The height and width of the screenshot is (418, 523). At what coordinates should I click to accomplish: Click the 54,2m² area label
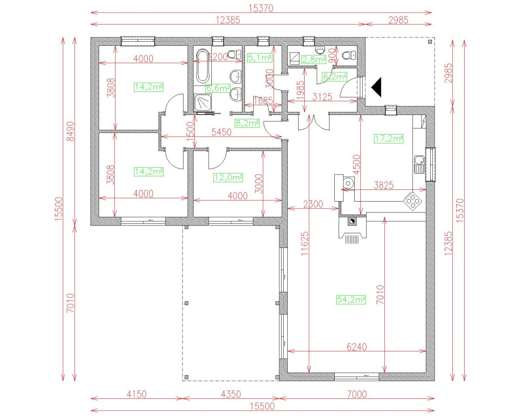(x=350, y=300)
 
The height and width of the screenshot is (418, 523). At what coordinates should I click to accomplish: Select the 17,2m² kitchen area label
(x=388, y=139)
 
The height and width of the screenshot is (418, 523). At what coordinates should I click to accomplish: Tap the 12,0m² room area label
(x=228, y=177)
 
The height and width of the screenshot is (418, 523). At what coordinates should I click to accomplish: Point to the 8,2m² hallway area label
(x=247, y=123)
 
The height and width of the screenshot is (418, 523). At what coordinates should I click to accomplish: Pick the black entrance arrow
(x=377, y=87)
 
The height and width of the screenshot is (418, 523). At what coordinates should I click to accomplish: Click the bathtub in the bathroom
(x=203, y=66)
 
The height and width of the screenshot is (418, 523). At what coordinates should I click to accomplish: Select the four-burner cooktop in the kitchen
(x=413, y=201)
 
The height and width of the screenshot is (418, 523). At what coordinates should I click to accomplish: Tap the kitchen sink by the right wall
(x=419, y=164)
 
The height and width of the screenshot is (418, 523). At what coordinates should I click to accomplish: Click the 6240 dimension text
(x=357, y=347)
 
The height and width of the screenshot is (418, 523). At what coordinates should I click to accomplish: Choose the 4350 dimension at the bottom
(x=230, y=394)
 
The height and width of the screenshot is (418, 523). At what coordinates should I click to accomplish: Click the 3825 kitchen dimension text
(x=384, y=185)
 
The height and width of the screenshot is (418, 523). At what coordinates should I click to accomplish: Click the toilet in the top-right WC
(x=349, y=55)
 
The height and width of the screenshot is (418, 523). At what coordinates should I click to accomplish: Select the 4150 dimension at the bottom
(x=136, y=394)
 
